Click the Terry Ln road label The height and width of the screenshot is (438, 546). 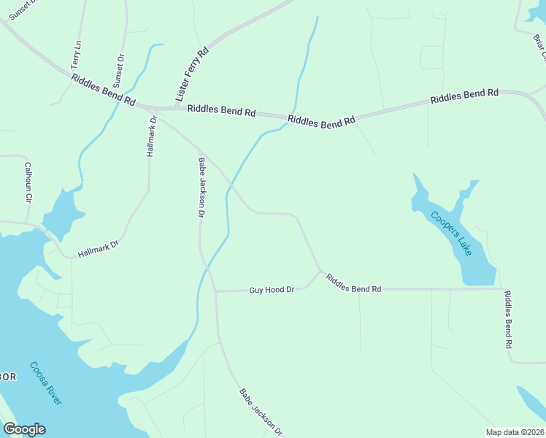click(76, 55)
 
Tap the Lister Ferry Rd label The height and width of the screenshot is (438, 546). click(192, 74)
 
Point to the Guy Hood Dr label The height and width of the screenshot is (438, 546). click(272, 290)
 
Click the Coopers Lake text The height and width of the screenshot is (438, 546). click(451, 233)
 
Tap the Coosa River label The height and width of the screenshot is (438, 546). click(46, 383)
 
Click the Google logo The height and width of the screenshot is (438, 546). click(24, 429)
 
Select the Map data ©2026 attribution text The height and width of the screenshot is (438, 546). click(515, 431)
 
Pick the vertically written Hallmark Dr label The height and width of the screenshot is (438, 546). click(152, 137)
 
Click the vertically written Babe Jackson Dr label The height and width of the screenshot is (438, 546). click(201, 187)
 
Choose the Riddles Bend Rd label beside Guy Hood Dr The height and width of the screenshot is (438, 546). click(354, 283)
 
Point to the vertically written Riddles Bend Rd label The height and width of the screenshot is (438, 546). click(509, 319)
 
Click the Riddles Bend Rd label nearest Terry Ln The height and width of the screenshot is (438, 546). click(104, 90)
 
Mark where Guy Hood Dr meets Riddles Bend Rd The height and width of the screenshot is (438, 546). click(320, 272)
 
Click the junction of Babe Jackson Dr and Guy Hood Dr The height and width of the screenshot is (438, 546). click(215, 291)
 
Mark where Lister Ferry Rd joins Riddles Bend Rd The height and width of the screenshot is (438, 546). click(175, 108)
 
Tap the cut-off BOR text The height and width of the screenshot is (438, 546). click(7, 377)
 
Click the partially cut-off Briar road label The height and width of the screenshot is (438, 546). click(539, 48)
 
